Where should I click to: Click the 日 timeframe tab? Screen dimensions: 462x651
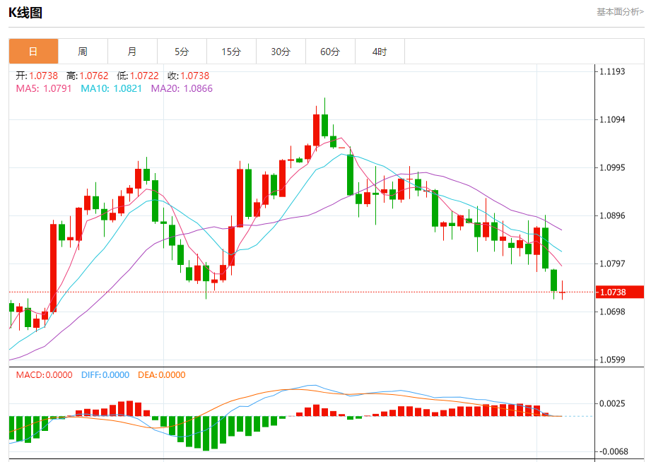click(x=33, y=52)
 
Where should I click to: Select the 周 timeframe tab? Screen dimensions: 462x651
click(x=83, y=52)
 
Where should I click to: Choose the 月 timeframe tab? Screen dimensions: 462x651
click(x=132, y=52)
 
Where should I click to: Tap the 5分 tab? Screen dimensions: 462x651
click(x=182, y=52)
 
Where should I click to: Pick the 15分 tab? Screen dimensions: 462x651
click(x=231, y=52)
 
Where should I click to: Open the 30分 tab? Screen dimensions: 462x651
click(x=281, y=52)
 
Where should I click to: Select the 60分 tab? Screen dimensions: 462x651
click(x=330, y=52)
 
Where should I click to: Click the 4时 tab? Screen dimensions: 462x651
click(x=380, y=52)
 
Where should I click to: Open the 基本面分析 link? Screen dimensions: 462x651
click(x=620, y=11)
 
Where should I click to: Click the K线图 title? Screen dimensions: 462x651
click(x=25, y=12)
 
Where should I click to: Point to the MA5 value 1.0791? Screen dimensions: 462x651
click(x=58, y=88)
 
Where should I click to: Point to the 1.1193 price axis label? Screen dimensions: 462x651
click(x=612, y=71)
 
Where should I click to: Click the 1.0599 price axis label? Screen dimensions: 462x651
click(x=612, y=360)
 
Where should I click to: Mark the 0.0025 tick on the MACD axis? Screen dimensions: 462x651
click(x=612, y=403)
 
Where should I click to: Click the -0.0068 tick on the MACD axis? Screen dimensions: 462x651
click(x=611, y=451)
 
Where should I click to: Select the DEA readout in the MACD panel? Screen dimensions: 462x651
click(x=161, y=375)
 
